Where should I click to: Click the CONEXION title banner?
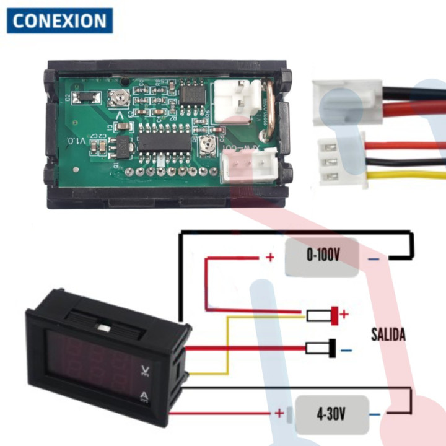coord(60,20)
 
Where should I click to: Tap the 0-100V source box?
coord(323,256)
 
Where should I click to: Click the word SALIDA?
coord(388,335)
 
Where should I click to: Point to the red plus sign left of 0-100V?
coord(269,257)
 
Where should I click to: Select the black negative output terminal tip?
coord(333,348)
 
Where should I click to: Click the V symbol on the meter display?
coord(145,372)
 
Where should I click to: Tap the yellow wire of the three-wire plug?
coord(403,175)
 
